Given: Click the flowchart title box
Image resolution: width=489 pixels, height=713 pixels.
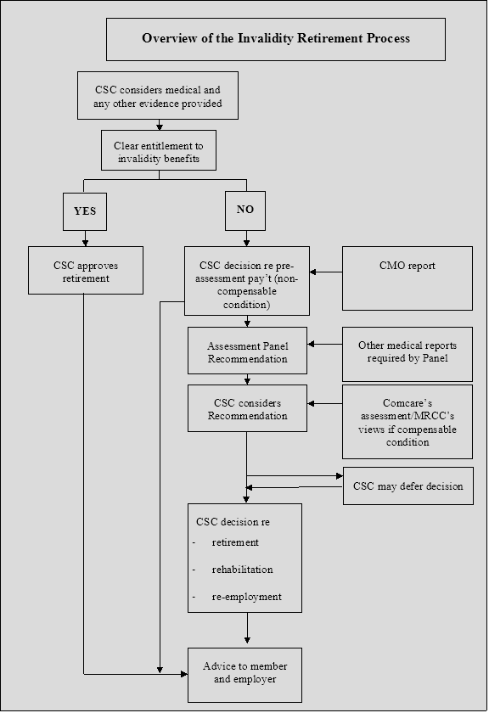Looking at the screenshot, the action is [x=276, y=39].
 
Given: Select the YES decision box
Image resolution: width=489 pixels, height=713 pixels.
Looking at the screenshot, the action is [x=85, y=211].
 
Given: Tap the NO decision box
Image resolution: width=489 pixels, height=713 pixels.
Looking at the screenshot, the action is [x=245, y=211].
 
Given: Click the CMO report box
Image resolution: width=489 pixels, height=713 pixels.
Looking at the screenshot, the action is [x=407, y=278].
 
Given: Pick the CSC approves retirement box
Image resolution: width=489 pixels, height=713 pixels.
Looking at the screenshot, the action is [x=86, y=271].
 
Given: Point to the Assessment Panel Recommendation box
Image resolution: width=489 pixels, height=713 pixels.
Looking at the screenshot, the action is [x=247, y=351].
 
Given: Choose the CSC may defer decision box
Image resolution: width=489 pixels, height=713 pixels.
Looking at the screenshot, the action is [x=408, y=486].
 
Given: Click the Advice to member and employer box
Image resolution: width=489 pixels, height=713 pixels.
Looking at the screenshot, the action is [x=244, y=676].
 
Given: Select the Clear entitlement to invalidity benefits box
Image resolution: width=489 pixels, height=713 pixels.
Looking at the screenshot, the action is [x=159, y=150].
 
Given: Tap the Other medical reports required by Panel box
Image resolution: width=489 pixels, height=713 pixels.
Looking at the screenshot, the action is [x=407, y=354].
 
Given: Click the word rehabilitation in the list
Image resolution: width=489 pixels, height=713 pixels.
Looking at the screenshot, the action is [x=243, y=570].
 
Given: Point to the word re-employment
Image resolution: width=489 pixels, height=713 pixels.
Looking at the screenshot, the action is [x=246, y=597].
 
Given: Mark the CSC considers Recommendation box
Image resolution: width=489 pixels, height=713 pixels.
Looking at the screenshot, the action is [x=247, y=408].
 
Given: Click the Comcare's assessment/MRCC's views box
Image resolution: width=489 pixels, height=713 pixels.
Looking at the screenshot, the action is [x=407, y=422].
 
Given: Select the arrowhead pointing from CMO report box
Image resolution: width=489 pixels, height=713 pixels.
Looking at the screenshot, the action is [x=313, y=272].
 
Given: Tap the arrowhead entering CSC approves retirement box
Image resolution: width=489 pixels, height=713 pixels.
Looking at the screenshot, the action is [x=85, y=243].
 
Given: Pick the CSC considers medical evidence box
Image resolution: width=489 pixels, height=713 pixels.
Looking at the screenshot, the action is [x=158, y=95].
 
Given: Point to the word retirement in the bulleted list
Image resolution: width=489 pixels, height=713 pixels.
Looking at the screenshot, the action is [x=235, y=542].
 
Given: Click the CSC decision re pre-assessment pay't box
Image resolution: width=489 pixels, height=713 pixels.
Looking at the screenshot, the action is [x=247, y=281].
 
